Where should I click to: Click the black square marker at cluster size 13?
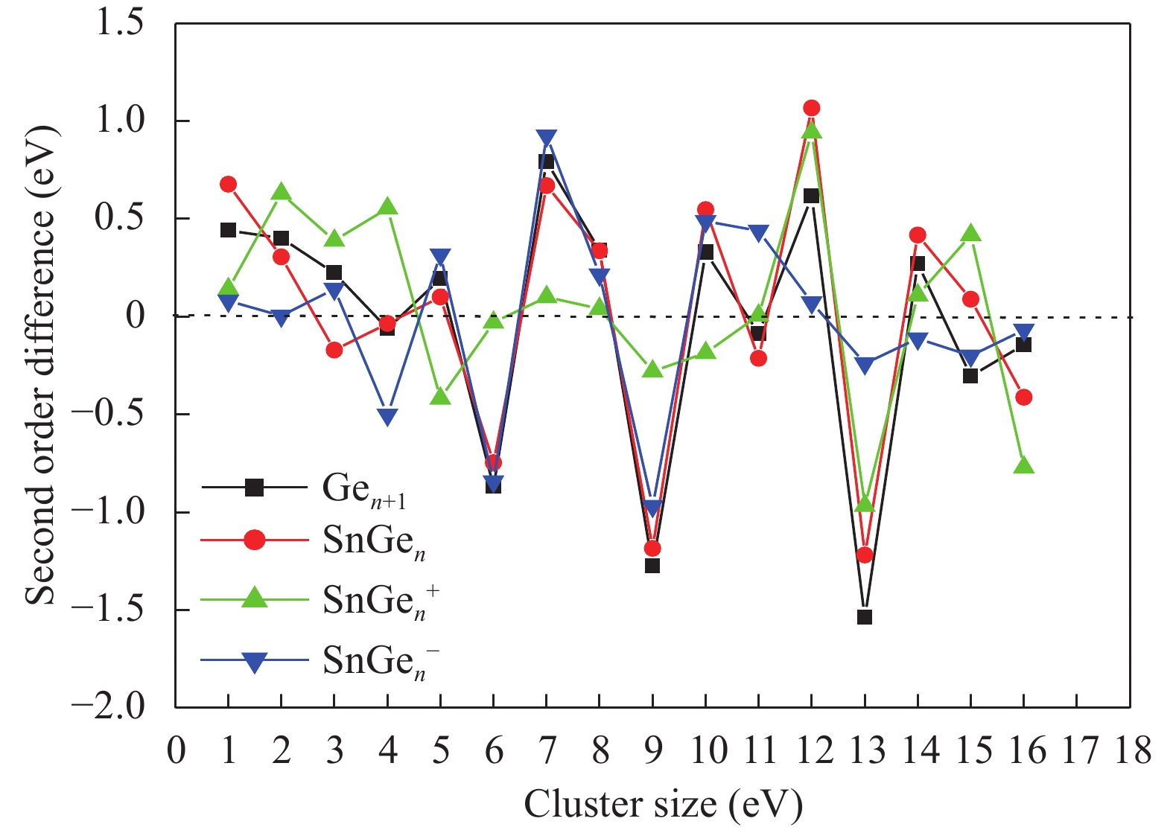[x=864, y=616]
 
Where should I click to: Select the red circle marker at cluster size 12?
[x=811, y=108]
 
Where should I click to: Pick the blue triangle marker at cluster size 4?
[x=387, y=416]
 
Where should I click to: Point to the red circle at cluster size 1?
[x=228, y=184]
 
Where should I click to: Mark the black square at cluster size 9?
[x=652, y=565]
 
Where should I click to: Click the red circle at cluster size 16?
[x=1023, y=398]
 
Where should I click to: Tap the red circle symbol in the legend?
[x=255, y=540]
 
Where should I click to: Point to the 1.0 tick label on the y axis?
[x=121, y=120]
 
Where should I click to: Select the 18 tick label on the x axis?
[x=1132, y=750]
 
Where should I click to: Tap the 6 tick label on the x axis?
[x=494, y=750]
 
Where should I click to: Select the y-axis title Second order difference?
[x=41, y=365]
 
